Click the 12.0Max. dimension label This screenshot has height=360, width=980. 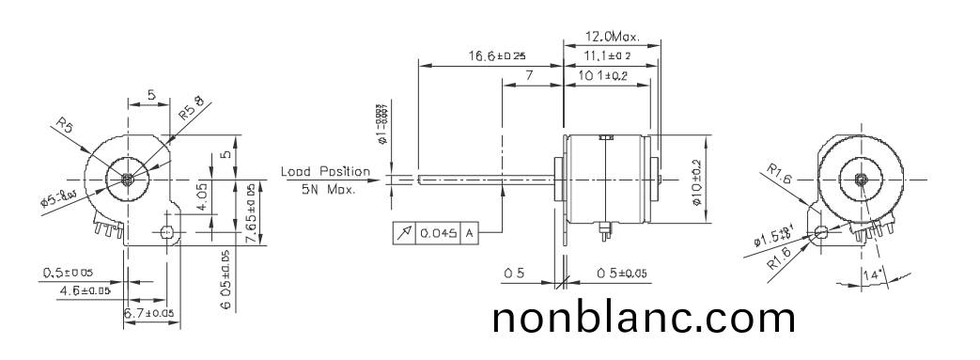tap(611, 38)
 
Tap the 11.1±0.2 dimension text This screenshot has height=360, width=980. tap(609, 57)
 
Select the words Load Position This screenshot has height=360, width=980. tap(325, 172)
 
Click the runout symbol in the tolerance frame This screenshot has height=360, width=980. tap(404, 232)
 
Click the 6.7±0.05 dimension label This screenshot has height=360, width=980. tap(149, 312)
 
